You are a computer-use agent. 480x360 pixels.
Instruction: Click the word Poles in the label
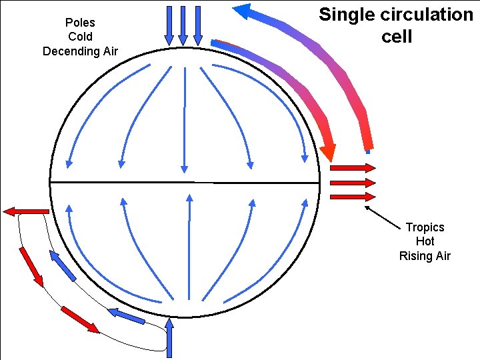tap(80, 23)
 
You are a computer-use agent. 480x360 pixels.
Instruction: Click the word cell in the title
tap(397, 36)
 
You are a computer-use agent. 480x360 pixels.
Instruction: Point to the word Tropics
tap(425, 227)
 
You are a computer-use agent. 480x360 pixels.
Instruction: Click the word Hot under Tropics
tap(425, 241)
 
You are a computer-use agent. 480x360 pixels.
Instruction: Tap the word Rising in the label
tap(415, 256)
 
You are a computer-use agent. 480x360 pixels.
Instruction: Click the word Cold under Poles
tap(80, 37)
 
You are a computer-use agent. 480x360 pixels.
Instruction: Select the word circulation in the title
tap(424, 15)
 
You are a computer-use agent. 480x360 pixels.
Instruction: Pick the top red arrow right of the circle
tap(353, 168)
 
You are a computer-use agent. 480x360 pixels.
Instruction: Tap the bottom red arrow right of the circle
tap(353, 197)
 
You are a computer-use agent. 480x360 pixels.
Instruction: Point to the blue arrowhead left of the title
tap(241, 9)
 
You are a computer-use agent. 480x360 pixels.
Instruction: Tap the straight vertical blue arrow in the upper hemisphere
tap(184, 120)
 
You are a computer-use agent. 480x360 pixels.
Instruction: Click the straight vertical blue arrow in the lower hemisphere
tap(189, 247)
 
